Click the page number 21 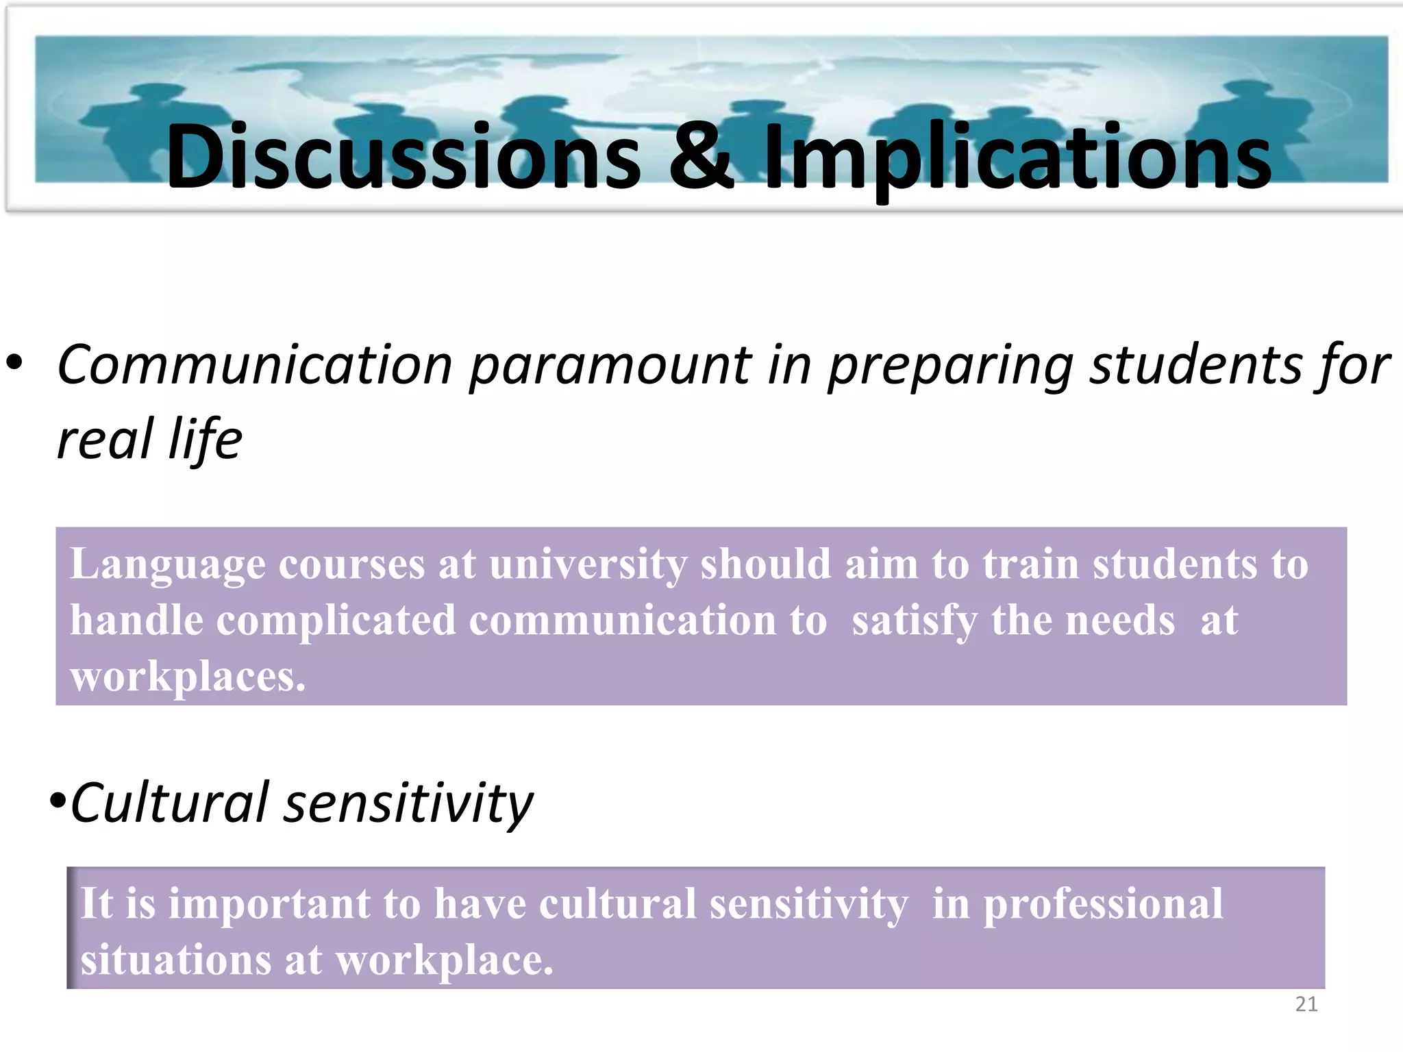point(1306,1004)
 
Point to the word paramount point(610,366)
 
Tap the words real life point(149,440)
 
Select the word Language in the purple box point(168,565)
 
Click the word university point(588,565)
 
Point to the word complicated point(336,621)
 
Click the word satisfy point(914,622)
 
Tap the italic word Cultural point(170,802)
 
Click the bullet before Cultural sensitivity point(58,800)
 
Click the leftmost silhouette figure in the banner point(147,127)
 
